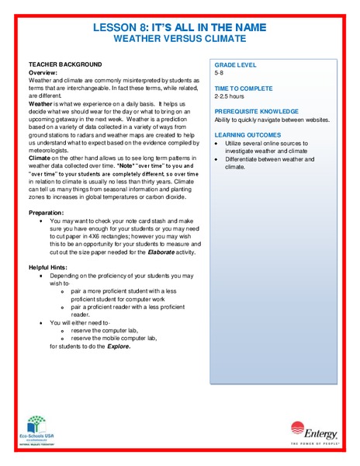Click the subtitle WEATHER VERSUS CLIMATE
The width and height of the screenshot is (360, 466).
179,38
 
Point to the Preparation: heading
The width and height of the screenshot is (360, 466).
47,212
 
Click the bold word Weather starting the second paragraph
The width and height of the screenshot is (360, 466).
41,103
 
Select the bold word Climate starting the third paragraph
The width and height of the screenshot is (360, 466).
41,159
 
